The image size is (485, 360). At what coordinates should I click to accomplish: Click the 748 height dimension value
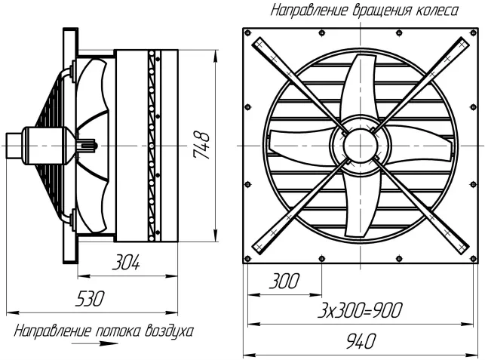(x=201, y=145)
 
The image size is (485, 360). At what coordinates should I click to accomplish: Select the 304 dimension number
(x=126, y=262)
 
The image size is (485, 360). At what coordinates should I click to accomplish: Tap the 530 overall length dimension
(x=90, y=299)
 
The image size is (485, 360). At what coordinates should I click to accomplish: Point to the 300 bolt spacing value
(x=284, y=281)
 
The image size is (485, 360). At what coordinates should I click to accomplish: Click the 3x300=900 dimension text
(x=361, y=310)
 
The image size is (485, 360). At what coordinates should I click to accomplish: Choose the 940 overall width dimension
(x=361, y=340)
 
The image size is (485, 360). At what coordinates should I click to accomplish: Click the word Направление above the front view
(x=309, y=11)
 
